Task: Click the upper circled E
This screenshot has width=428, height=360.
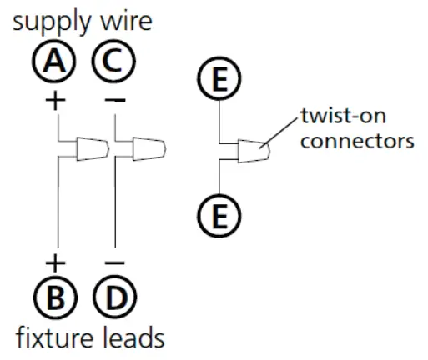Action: click(x=219, y=81)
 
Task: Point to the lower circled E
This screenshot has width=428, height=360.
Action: click(x=219, y=218)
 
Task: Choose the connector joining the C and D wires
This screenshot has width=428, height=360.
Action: click(x=149, y=148)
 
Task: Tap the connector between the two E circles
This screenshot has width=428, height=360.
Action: click(x=253, y=151)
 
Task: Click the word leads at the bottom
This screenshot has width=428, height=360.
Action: click(x=136, y=337)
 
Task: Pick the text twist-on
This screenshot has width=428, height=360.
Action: click(x=338, y=117)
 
